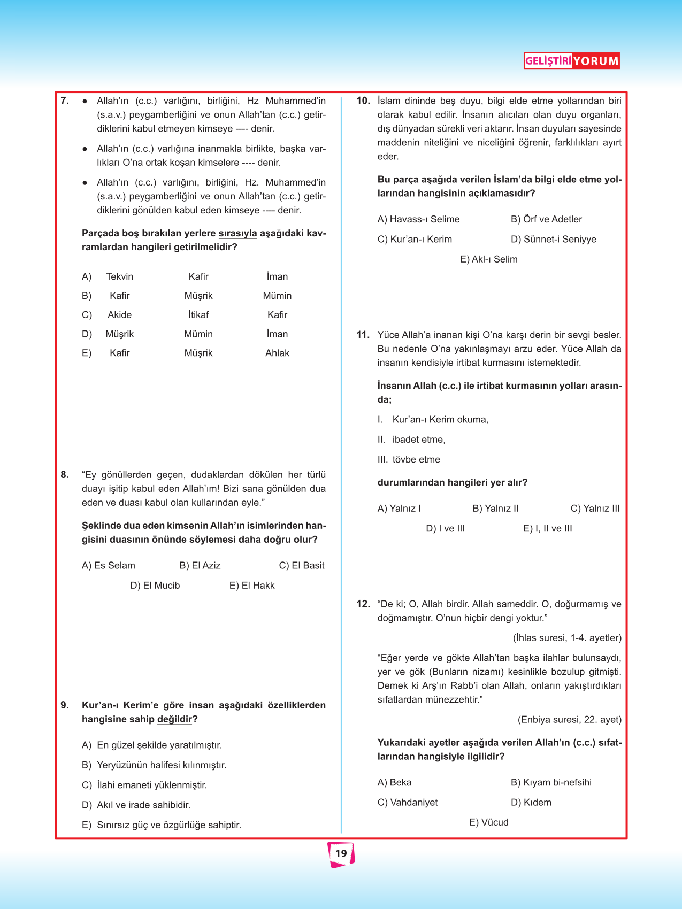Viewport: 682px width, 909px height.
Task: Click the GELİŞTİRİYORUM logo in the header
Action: pos(571,61)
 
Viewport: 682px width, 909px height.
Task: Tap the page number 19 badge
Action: pos(341,853)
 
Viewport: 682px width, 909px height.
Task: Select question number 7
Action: pos(65,101)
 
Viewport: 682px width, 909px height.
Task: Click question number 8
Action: pos(65,475)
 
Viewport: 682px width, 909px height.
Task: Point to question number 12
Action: pos(363,604)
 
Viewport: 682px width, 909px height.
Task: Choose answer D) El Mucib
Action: pos(155,586)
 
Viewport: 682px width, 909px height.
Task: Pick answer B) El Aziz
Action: pos(200,566)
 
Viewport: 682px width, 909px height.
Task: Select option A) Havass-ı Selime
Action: pos(418,219)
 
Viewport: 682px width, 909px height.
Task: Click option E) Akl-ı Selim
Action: pos(488,259)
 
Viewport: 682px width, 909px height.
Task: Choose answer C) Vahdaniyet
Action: pos(408,803)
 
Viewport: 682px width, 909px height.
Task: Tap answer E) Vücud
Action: pos(488,822)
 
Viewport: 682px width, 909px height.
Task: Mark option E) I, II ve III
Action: pos(547,529)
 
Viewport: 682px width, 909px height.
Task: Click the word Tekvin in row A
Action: pos(120,276)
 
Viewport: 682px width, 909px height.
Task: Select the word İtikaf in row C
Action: pos(198,315)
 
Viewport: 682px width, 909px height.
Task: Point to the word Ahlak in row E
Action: pos(277,353)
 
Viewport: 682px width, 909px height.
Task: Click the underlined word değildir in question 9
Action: pos(174,720)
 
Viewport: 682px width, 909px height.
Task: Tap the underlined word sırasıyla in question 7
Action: pos(237,234)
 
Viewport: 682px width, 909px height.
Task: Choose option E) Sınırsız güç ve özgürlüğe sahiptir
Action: pos(162,825)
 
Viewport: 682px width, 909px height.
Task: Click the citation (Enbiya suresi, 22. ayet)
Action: pos(569,720)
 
